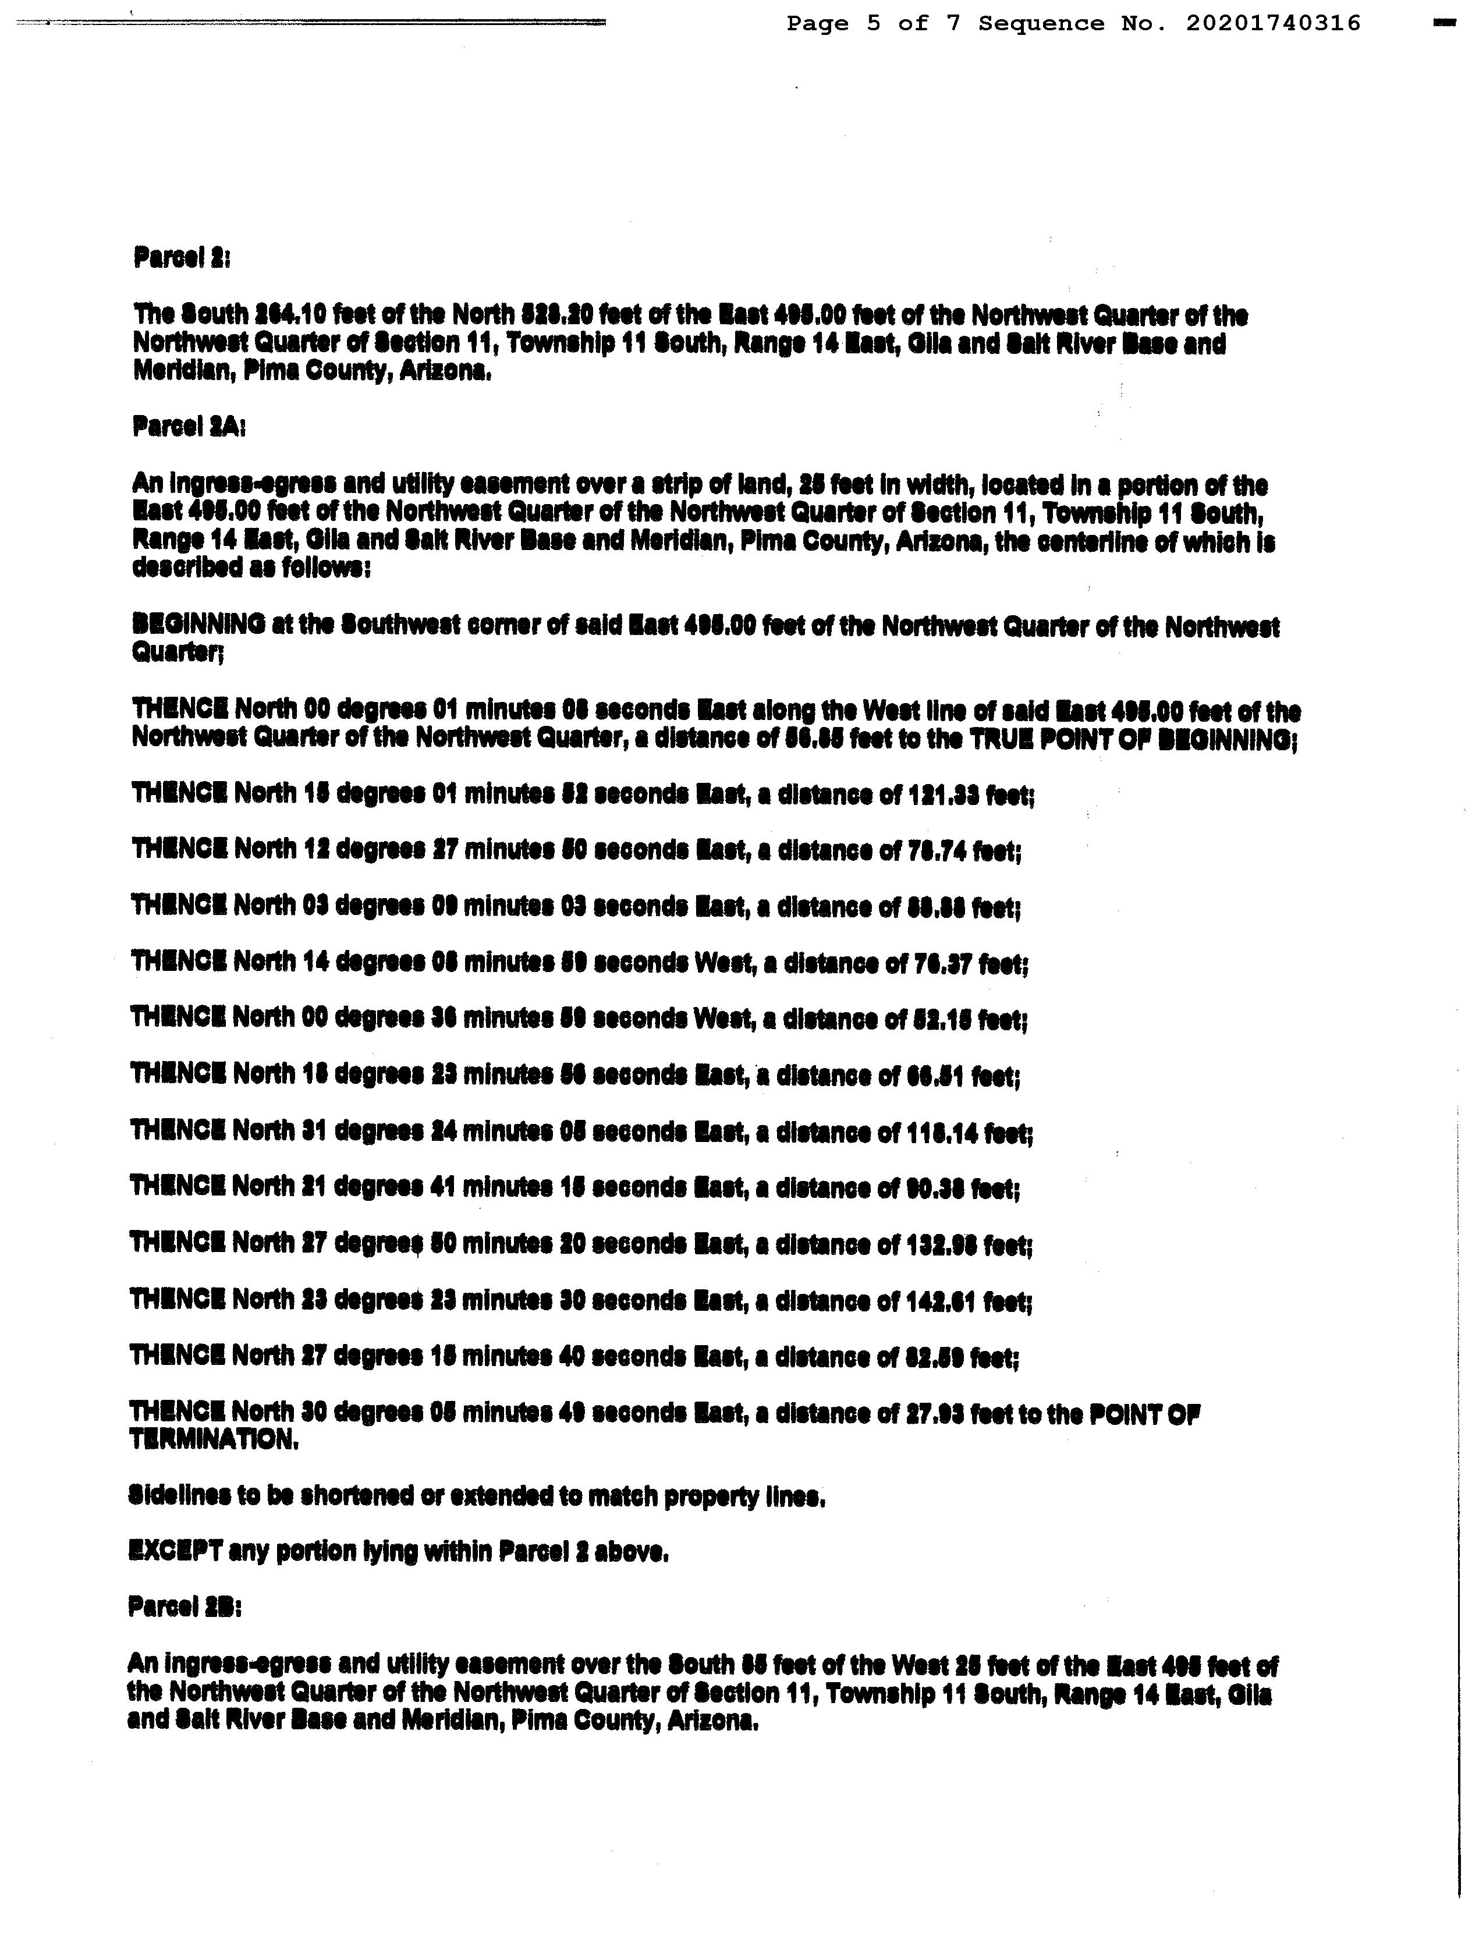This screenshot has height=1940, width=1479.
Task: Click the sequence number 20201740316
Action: pos(1273,24)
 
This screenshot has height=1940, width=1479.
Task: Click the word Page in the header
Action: pos(818,24)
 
